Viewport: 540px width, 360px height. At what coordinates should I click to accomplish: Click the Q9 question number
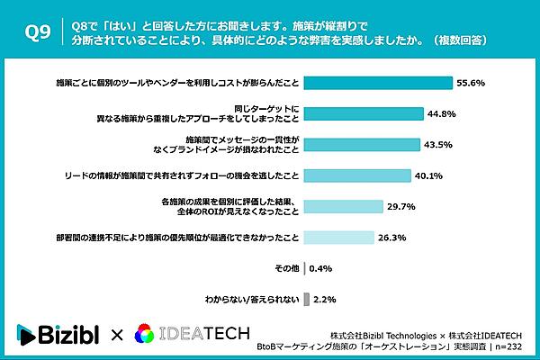tap(38, 32)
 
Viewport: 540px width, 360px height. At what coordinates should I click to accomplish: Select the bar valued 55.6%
tap(378, 83)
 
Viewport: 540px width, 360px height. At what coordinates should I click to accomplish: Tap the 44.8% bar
tap(364, 113)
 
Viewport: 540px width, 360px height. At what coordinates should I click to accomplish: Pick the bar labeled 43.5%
tap(362, 145)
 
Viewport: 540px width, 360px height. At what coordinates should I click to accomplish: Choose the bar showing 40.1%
tap(357, 175)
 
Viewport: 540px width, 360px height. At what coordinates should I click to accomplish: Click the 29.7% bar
tap(344, 207)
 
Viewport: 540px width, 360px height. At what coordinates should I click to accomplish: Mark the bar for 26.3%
tap(339, 238)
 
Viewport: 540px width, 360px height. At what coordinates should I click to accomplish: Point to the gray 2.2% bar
tap(307, 300)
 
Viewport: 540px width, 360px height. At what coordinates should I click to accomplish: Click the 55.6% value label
tap(471, 83)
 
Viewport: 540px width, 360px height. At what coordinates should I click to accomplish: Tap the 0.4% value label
tap(320, 268)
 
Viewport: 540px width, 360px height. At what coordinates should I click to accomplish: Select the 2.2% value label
tap(325, 300)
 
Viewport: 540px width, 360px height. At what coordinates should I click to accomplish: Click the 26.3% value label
tap(392, 238)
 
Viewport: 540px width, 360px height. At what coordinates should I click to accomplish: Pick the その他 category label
tap(287, 268)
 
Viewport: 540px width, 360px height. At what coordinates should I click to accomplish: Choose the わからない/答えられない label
tap(252, 300)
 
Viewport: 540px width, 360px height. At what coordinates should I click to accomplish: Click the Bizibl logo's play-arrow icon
tap(26, 335)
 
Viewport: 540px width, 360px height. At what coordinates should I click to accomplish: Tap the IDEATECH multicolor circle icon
tap(145, 334)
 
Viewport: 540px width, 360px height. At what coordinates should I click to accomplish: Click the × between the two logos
tap(117, 335)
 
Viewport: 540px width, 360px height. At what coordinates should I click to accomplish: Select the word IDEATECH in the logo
tap(204, 334)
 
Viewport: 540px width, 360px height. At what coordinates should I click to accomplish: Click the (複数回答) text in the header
tap(460, 40)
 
